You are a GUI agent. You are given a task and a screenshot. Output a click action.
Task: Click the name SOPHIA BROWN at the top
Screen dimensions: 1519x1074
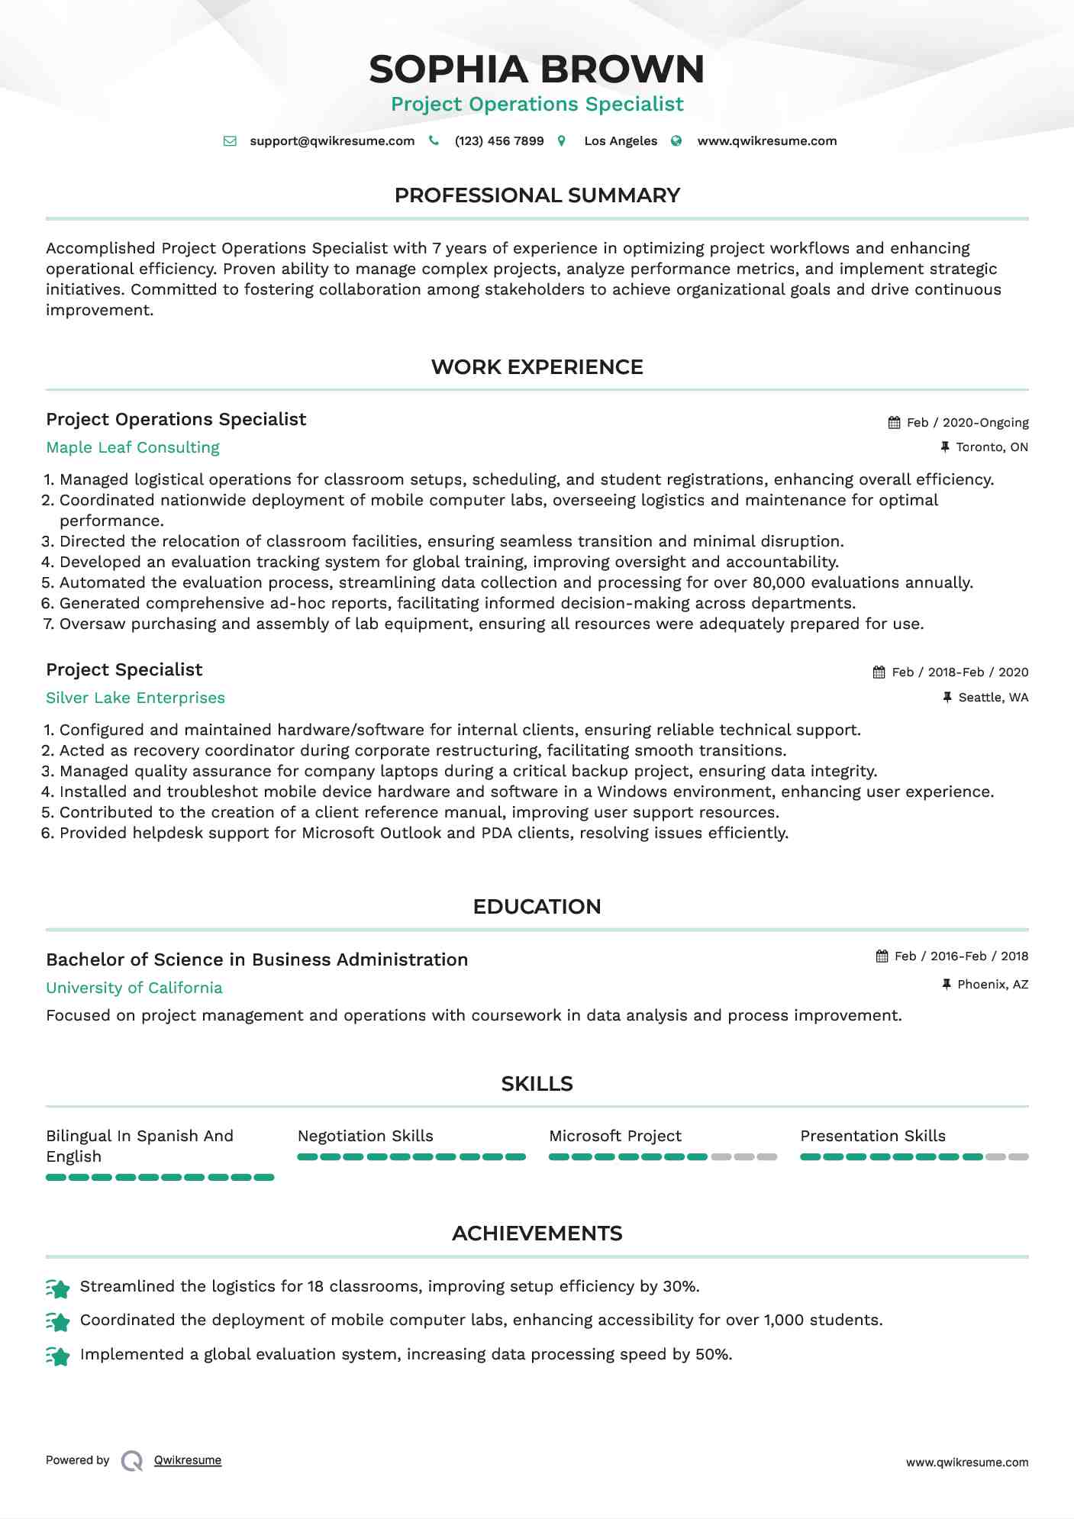(x=537, y=69)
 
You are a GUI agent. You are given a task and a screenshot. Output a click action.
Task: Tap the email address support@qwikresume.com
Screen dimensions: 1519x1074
(x=332, y=141)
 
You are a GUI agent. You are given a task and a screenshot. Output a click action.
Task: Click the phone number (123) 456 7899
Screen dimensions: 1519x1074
(x=499, y=141)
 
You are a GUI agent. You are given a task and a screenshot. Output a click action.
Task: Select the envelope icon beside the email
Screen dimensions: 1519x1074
(x=230, y=141)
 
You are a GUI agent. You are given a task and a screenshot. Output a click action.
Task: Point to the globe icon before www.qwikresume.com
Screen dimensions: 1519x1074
(x=676, y=141)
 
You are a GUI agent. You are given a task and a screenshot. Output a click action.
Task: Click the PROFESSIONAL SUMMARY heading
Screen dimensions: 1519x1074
(x=537, y=195)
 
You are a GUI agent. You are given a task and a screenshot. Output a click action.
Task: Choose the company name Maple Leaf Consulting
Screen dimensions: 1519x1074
(x=133, y=448)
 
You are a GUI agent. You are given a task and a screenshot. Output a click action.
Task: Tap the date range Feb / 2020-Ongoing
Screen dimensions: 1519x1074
(x=967, y=423)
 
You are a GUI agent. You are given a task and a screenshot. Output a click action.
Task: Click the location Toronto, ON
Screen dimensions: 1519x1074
(x=992, y=447)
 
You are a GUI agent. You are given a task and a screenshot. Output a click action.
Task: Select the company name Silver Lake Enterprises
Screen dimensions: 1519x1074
(x=135, y=698)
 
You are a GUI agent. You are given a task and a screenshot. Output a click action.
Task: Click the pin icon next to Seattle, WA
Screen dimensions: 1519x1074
(x=947, y=698)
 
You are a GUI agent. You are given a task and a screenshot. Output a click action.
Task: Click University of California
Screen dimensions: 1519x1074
(x=134, y=988)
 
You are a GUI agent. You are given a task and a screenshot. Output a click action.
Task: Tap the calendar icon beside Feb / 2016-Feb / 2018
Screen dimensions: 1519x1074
(x=882, y=956)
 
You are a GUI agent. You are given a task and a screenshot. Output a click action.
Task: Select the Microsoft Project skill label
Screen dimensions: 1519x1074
(x=615, y=1137)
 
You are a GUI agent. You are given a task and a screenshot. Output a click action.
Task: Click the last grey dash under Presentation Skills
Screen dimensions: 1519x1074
(x=1018, y=1157)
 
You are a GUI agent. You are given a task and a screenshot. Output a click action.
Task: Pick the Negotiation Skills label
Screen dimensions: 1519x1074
(x=365, y=1137)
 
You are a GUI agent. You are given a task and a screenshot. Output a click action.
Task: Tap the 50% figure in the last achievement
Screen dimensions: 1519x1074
(x=712, y=1355)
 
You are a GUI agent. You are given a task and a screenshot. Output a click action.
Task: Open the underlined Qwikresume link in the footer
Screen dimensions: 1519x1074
(x=188, y=1460)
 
